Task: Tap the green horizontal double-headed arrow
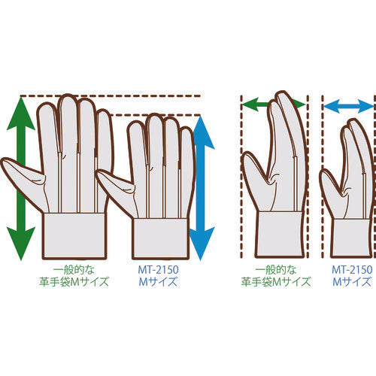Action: coord(273,103)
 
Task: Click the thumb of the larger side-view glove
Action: coord(254,180)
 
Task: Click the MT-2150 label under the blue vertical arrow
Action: coord(159,269)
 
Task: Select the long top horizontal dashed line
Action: coord(113,96)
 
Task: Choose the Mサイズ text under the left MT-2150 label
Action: coord(159,283)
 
